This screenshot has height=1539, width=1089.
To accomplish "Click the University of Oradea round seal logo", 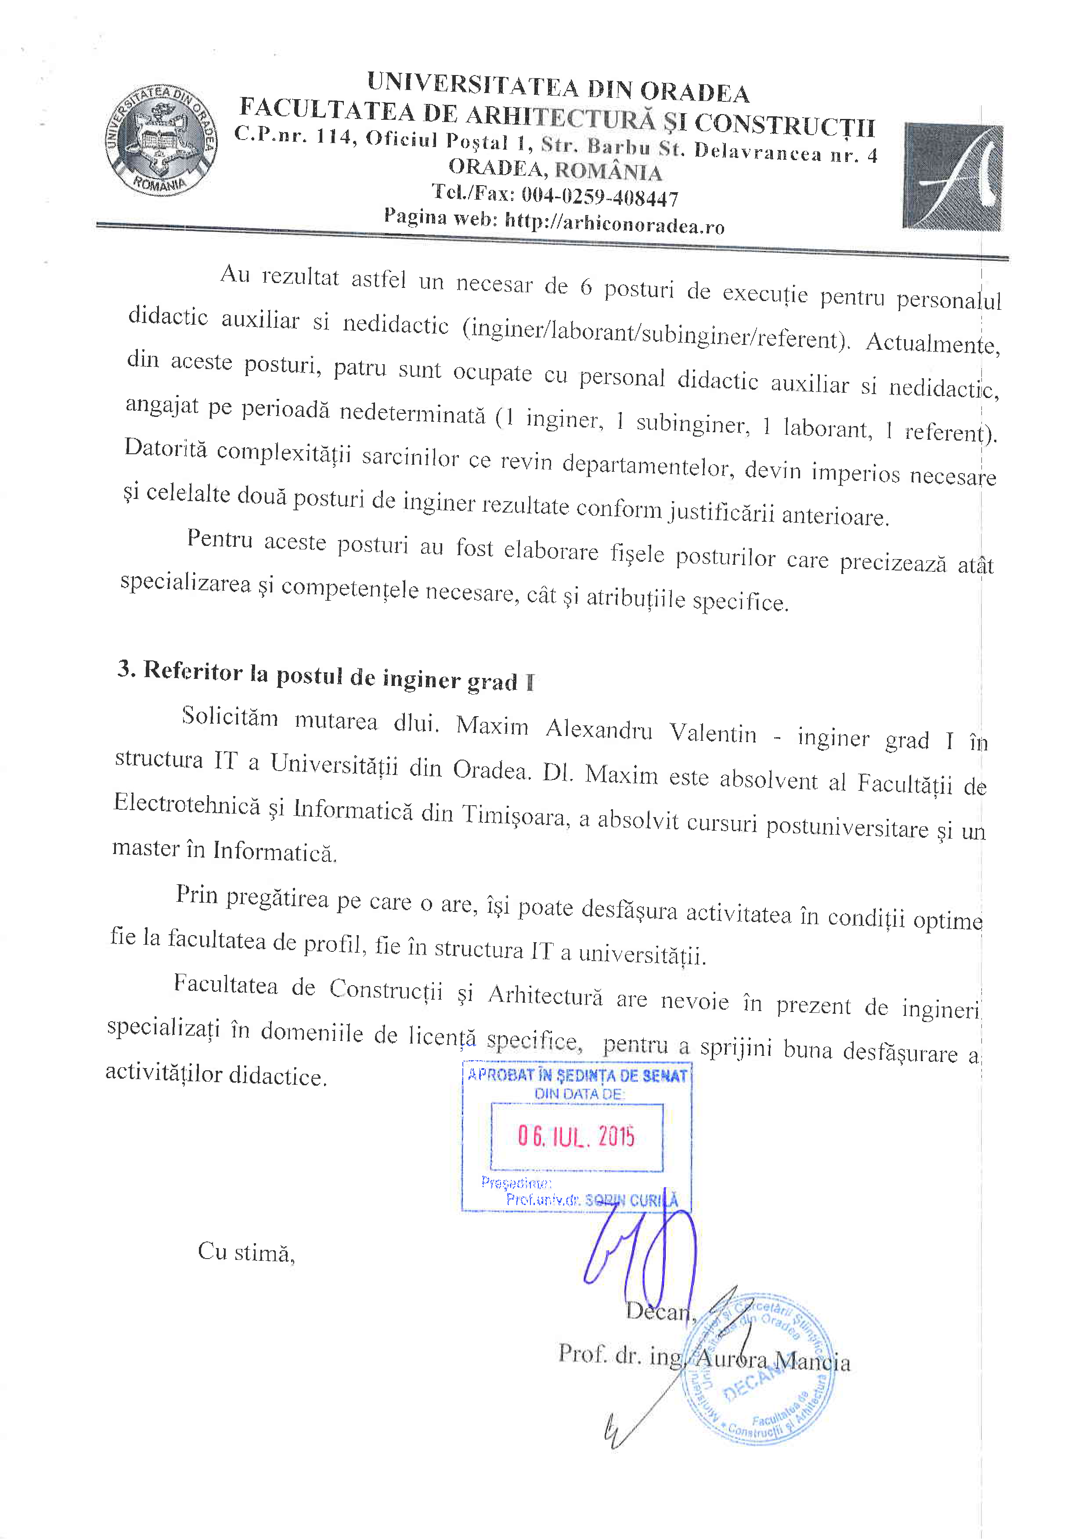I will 161,141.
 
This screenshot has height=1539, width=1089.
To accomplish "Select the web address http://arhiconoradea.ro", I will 614,222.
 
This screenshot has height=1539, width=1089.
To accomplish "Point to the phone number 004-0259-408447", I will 599,197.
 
